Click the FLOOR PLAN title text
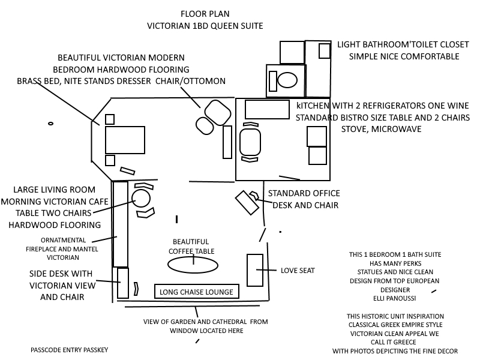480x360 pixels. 205,13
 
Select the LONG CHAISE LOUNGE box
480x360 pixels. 196,292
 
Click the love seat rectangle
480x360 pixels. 255,270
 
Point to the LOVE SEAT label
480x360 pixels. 298,271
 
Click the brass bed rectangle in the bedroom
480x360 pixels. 125,140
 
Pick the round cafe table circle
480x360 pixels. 141,198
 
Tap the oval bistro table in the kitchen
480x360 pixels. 250,143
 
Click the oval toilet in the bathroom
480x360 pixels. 289,79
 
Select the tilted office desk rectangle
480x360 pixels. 247,203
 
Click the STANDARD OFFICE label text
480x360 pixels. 304,194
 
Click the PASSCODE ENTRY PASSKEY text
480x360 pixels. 70,349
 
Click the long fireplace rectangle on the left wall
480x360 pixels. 120,224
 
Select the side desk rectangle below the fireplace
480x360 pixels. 123,283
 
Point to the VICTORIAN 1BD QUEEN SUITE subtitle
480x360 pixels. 205,26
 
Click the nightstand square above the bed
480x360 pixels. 110,119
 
